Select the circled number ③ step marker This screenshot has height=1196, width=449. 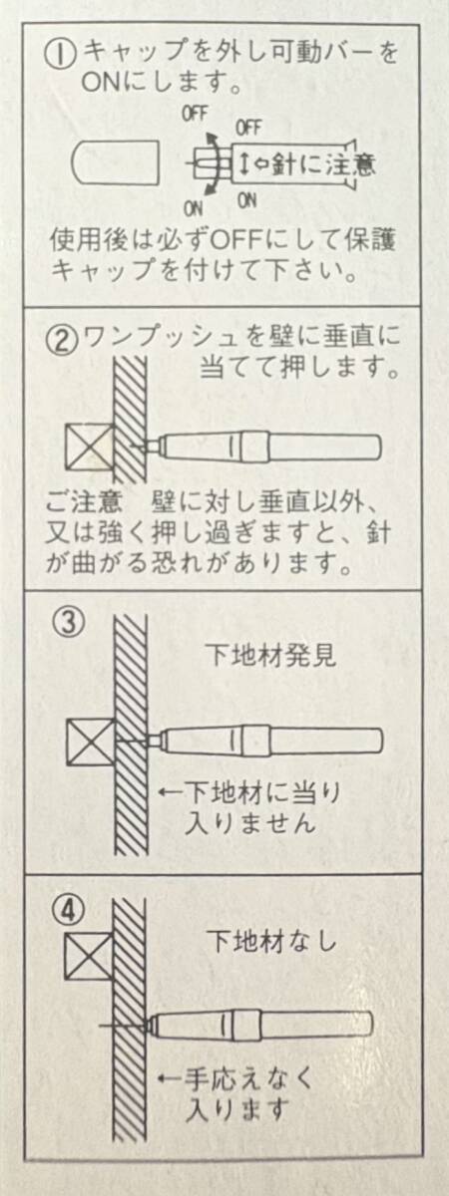(x=69, y=622)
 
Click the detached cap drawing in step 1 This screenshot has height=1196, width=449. (x=115, y=161)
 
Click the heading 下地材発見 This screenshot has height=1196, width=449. (x=272, y=656)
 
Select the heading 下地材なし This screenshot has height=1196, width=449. (x=272, y=941)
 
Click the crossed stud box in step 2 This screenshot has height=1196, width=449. (x=90, y=448)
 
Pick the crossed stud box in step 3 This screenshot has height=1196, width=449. (x=91, y=742)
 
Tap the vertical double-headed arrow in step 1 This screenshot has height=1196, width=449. (x=243, y=163)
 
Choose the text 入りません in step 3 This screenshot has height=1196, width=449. (x=249, y=823)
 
